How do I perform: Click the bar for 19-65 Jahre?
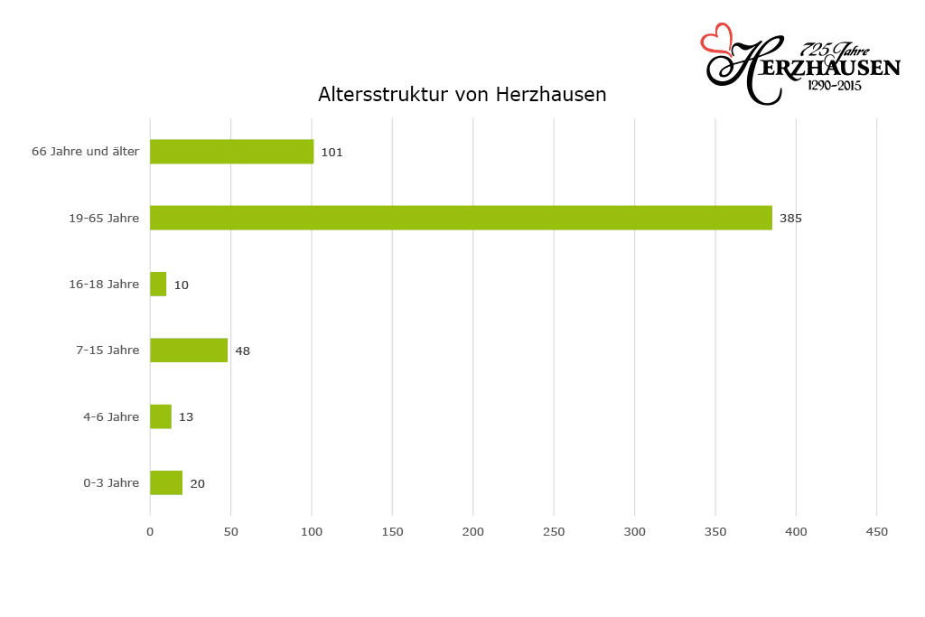click(x=461, y=218)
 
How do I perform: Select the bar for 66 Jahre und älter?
click(x=231, y=152)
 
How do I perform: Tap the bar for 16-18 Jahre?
click(x=158, y=284)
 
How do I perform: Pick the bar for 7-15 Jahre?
click(x=189, y=351)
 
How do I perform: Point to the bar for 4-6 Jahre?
click(x=161, y=416)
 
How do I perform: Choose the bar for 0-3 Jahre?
click(x=166, y=483)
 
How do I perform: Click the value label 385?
click(x=790, y=219)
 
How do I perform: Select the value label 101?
click(x=332, y=153)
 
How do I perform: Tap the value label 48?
click(x=242, y=351)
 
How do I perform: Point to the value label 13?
click(x=186, y=417)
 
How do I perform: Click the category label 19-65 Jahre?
click(x=104, y=218)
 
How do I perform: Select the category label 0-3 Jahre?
click(x=111, y=483)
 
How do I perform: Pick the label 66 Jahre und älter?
click(x=85, y=152)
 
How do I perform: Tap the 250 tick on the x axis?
click(x=554, y=532)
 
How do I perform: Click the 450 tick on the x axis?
click(x=877, y=532)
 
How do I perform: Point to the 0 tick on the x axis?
click(x=150, y=532)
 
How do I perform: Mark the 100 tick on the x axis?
click(x=312, y=532)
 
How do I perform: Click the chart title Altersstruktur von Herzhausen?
click(x=462, y=95)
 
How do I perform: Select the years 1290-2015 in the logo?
click(x=834, y=86)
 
